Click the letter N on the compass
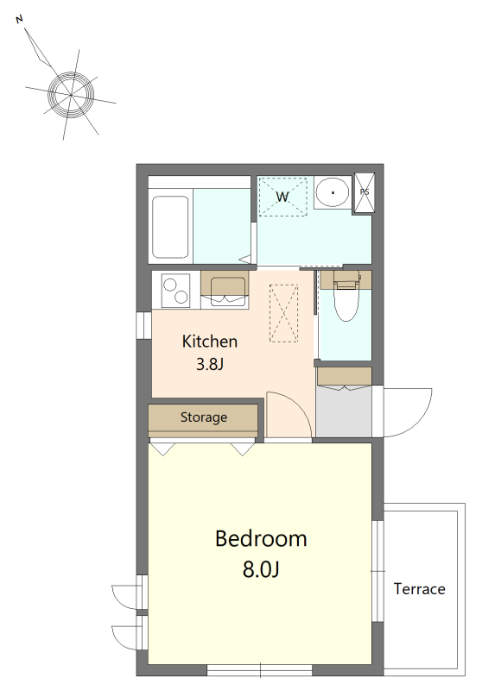[x=19, y=19]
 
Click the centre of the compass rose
[x=71, y=95]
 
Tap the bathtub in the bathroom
[x=170, y=227]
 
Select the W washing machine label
[x=282, y=197]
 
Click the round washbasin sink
[x=333, y=192]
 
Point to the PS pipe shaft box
[x=365, y=192]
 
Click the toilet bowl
[x=346, y=300]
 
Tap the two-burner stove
[x=176, y=291]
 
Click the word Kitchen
[x=210, y=342]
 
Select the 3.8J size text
[x=210, y=364]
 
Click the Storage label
[x=204, y=417]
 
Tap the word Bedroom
[x=261, y=538]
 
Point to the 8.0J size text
[x=261, y=569]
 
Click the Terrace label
[x=420, y=589]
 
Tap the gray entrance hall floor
[x=344, y=412]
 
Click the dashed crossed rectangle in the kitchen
[x=283, y=313]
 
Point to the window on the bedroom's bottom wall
[x=260, y=670]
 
